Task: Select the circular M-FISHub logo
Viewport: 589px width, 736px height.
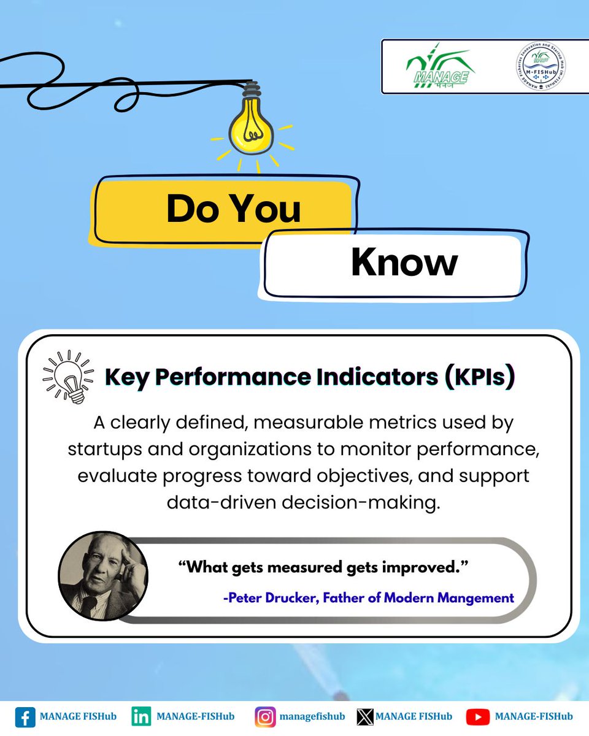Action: coord(540,67)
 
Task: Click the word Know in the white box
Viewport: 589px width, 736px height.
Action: coord(404,263)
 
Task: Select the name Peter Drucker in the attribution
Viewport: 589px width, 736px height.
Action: coord(264,597)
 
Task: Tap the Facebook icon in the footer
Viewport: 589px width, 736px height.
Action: coord(25,717)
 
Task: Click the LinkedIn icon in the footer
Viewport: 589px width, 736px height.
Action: coord(141,716)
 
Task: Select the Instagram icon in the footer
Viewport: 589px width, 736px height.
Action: coord(265,717)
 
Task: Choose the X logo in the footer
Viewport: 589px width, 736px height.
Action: coord(365,717)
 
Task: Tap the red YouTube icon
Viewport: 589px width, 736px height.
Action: coord(477,717)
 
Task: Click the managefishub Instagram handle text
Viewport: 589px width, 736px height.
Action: coord(312,716)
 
